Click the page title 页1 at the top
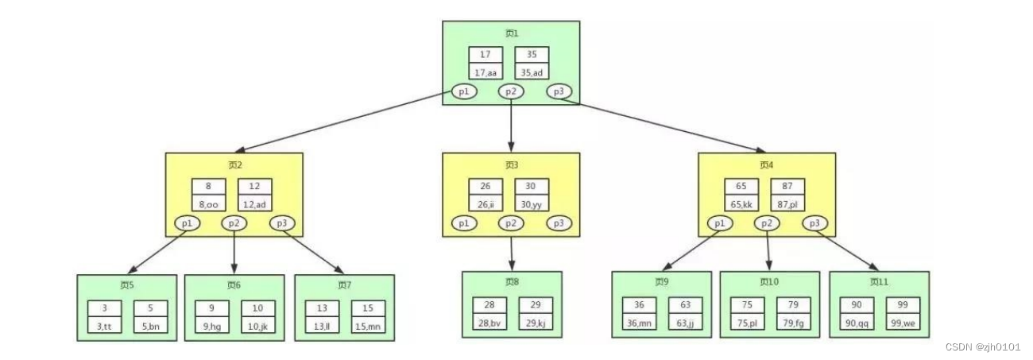click(511, 33)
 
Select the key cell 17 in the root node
click(485, 56)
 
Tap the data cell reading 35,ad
click(531, 72)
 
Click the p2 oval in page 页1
click(511, 92)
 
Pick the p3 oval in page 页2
click(282, 223)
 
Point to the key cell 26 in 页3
click(485, 188)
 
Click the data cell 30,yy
click(531, 204)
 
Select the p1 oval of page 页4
click(720, 223)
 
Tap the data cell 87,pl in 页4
click(787, 204)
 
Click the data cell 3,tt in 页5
click(104, 326)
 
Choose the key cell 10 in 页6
click(258, 308)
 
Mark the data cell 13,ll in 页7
click(322, 326)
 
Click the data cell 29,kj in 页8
click(535, 323)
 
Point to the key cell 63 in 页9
click(684, 306)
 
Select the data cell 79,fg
click(793, 323)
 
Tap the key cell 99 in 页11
click(903, 306)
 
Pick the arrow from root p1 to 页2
click(342, 123)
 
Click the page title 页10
click(768, 282)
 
